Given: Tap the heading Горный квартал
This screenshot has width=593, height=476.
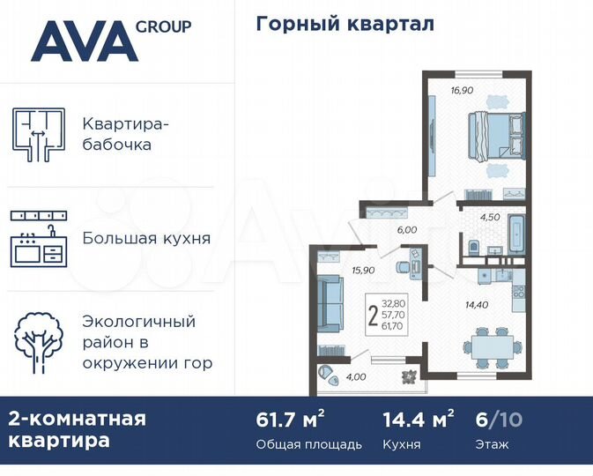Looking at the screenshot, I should (345, 24).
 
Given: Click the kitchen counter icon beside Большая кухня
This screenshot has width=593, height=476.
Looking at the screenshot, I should (40, 238).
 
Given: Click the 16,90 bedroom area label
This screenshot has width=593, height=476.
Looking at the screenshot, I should (462, 90).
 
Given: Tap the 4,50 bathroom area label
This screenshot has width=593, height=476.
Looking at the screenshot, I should (490, 214).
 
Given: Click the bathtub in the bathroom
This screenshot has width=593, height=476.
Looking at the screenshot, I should (516, 232).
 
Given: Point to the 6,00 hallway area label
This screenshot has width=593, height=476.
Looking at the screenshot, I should (406, 229).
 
